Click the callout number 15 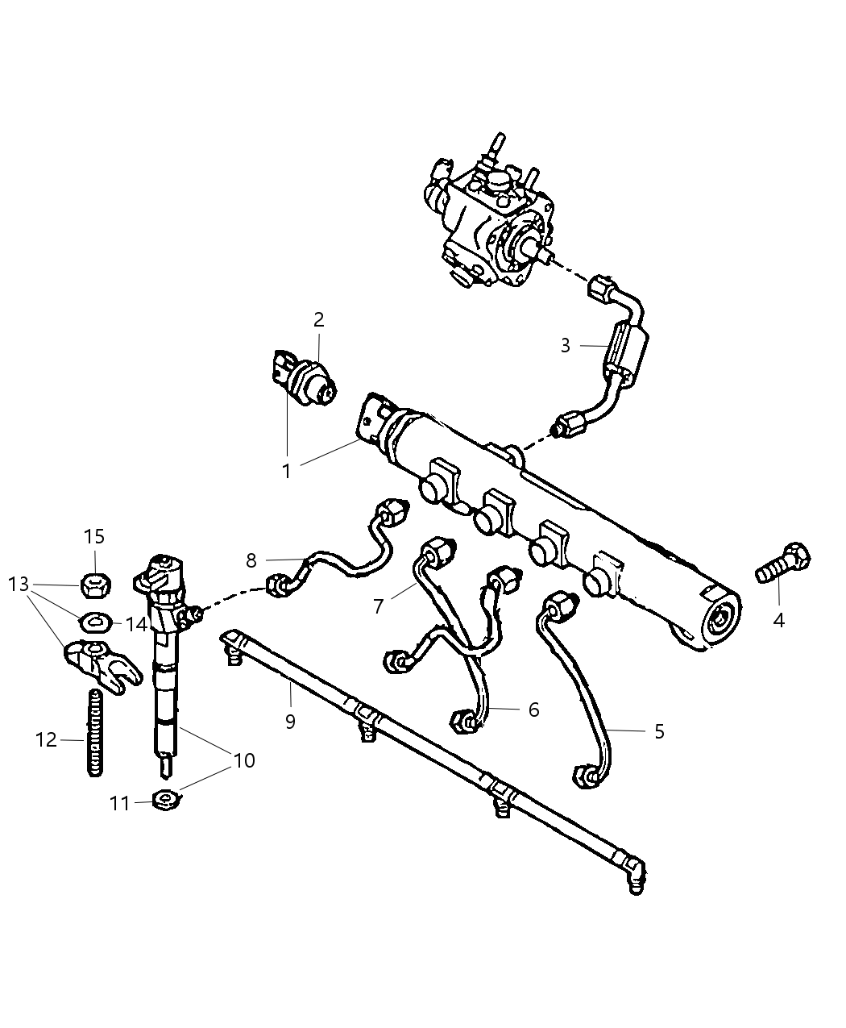point(94,536)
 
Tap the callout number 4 point(778,620)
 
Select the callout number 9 point(290,721)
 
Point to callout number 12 point(47,739)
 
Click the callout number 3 point(566,346)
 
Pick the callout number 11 point(119,803)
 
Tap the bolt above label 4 point(782,564)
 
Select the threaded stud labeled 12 point(94,731)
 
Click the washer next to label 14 point(94,622)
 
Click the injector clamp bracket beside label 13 point(101,661)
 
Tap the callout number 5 point(659,732)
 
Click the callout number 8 point(251,560)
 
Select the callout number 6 point(533,710)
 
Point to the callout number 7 point(379,606)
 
